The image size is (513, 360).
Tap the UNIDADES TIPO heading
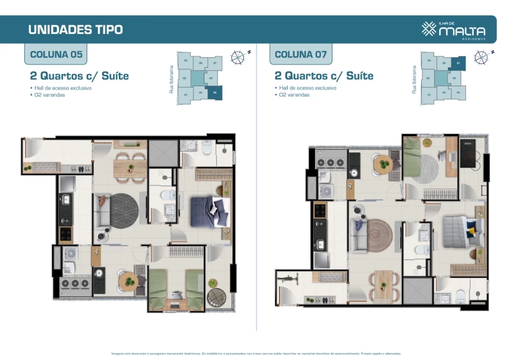(76, 29)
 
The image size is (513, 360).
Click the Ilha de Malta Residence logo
(453, 30)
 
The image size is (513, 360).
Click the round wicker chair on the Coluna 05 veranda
(215, 297)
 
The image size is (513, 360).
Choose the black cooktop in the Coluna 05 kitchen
(66, 235)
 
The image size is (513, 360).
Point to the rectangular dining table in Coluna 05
(124, 167)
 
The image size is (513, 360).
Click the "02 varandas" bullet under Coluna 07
(294, 95)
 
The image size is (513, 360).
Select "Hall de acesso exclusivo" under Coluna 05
(63, 88)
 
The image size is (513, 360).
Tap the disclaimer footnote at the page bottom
(256, 353)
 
